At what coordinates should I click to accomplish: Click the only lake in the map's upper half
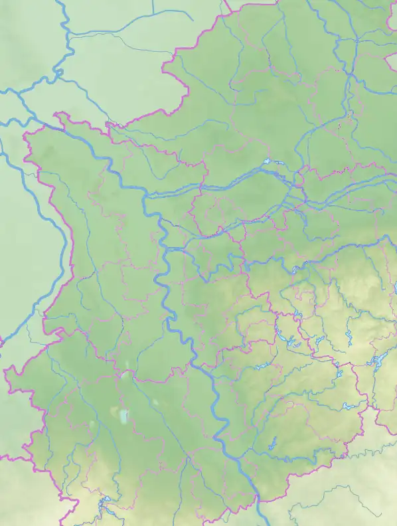pyautogui.click(x=268, y=161)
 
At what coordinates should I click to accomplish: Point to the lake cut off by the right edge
pyautogui.click(x=395, y=288)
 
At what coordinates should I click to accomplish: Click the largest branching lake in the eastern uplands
pyautogui.click(x=376, y=362)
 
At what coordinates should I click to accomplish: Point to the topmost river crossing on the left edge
pyautogui.click(x=2, y=124)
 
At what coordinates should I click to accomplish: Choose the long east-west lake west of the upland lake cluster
pyautogui.click(x=259, y=367)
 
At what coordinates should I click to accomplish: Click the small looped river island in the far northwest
pyautogui.click(x=57, y=74)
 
